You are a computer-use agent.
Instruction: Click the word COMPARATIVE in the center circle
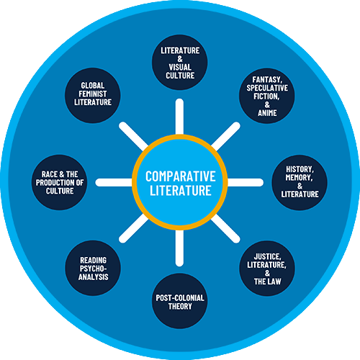pyautogui.click(x=181, y=176)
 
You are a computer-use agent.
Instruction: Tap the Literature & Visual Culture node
pyautogui.click(x=180, y=63)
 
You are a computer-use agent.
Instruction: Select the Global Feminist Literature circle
pyautogui.click(x=93, y=96)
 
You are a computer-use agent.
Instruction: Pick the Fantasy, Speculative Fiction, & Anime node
pyautogui.click(x=267, y=96)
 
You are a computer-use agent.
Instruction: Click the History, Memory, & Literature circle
pyautogui.click(x=300, y=183)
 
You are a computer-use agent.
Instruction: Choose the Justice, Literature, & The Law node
pyautogui.click(x=267, y=268)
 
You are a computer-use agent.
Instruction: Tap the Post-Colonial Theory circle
pyautogui.click(x=180, y=301)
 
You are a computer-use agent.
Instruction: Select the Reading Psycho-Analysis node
pyautogui.click(x=93, y=268)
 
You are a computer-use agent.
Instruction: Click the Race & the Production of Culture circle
pyautogui.click(x=60, y=183)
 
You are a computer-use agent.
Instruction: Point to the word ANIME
pyautogui.click(x=267, y=113)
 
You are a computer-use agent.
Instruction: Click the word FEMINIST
pyautogui.click(x=93, y=94)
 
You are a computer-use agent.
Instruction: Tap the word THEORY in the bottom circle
pyautogui.click(x=180, y=306)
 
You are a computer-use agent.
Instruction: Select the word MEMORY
pyautogui.click(x=299, y=178)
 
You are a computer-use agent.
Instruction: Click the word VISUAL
pyautogui.click(x=180, y=67)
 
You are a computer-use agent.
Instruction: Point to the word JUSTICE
pyautogui.click(x=267, y=256)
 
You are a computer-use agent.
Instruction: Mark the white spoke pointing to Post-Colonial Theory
pyautogui.click(x=179, y=248)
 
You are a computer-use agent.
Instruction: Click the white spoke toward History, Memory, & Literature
pyautogui.click(x=245, y=183)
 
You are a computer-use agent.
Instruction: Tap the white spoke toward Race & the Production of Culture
pyautogui.click(x=114, y=183)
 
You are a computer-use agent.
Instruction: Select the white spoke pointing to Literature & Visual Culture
pyautogui.click(x=179, y=117)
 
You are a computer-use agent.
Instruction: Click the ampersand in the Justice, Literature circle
pyautogui.click(x=267, y=273)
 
